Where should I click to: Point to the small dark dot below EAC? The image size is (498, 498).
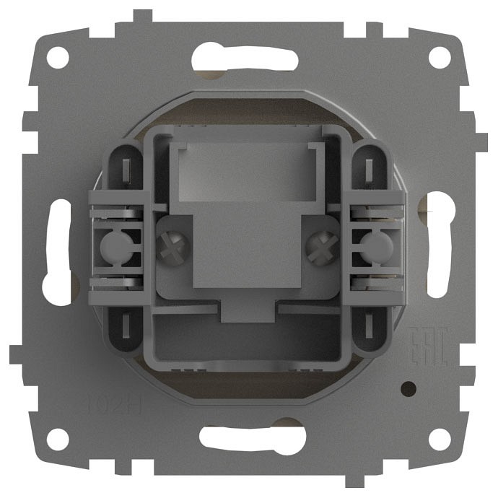[409, 388]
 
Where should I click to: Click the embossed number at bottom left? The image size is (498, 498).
[108, 401]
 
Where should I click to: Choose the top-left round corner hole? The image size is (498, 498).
[58, 57]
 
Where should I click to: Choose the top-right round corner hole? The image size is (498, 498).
[438, 57]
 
